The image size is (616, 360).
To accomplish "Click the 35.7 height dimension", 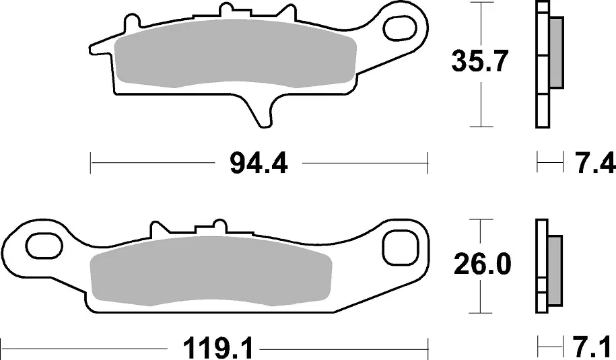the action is point(480,61).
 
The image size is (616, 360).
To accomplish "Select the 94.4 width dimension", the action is point(259,164).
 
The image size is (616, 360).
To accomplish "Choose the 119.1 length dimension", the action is point(214,348).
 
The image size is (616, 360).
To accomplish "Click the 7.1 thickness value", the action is point(593,348).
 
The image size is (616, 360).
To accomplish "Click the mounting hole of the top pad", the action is point(399,28).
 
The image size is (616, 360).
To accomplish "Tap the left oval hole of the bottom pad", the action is point(44,246).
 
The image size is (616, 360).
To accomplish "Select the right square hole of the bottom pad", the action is point(399,248).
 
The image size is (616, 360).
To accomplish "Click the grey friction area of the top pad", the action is point(235,52).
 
